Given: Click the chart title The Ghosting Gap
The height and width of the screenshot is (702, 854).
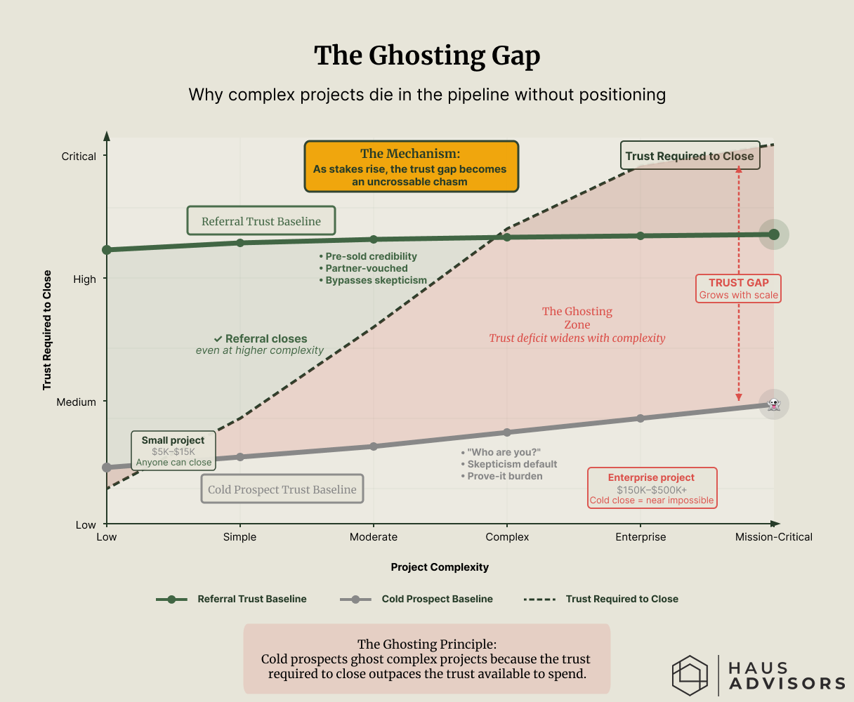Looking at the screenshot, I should pyautogui.click(x=427, y=56).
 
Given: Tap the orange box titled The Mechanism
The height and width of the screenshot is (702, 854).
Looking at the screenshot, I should pyautogui.click(x=411, y=166).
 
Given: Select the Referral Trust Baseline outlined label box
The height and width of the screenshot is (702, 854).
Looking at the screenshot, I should pyautogui.click(x=261, y=221).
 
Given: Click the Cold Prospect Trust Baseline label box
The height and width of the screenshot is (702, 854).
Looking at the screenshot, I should pyautogui.click(x=282, y=489).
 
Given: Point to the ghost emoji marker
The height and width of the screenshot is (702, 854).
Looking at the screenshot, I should pyautogui.click(x=774, y=404).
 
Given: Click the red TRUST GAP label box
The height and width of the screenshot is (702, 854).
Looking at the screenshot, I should pyautogui.click(x=738, y=288).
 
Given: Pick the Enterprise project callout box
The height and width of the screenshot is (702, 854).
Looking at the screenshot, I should pyautogui.click(x=651, y=488).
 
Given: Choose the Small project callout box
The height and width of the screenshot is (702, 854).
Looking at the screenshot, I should pyautogui.click(x=173, y=451).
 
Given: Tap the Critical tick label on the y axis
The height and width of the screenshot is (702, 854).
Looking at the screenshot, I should pyautogui.click(x=79, y=157).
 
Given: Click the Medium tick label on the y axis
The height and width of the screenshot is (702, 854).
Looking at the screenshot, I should pyautogui.click(x=76, y=402).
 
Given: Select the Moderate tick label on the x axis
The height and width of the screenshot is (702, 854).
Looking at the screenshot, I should pyautogui.click(x=374, y=537).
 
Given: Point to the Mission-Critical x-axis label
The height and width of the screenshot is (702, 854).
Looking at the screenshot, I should pyautogui.click(x=773, y=537).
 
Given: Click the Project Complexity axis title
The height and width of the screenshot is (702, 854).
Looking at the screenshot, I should pyautogui.click(x=440, y=567).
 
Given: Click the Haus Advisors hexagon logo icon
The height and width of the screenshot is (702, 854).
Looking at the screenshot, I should pyautogui.click(x=690, y=675).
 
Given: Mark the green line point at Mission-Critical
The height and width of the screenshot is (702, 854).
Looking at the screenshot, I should pyautogui.click(x=774, y=234).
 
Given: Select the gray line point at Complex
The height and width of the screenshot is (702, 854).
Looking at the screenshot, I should pyautogui.click(x=507, y=432).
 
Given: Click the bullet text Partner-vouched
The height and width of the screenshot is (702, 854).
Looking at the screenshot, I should pyautogui.click(x=366, y=268).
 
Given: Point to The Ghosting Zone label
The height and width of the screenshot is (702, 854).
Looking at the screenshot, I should pyautogui.click(x=577, y=318).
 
